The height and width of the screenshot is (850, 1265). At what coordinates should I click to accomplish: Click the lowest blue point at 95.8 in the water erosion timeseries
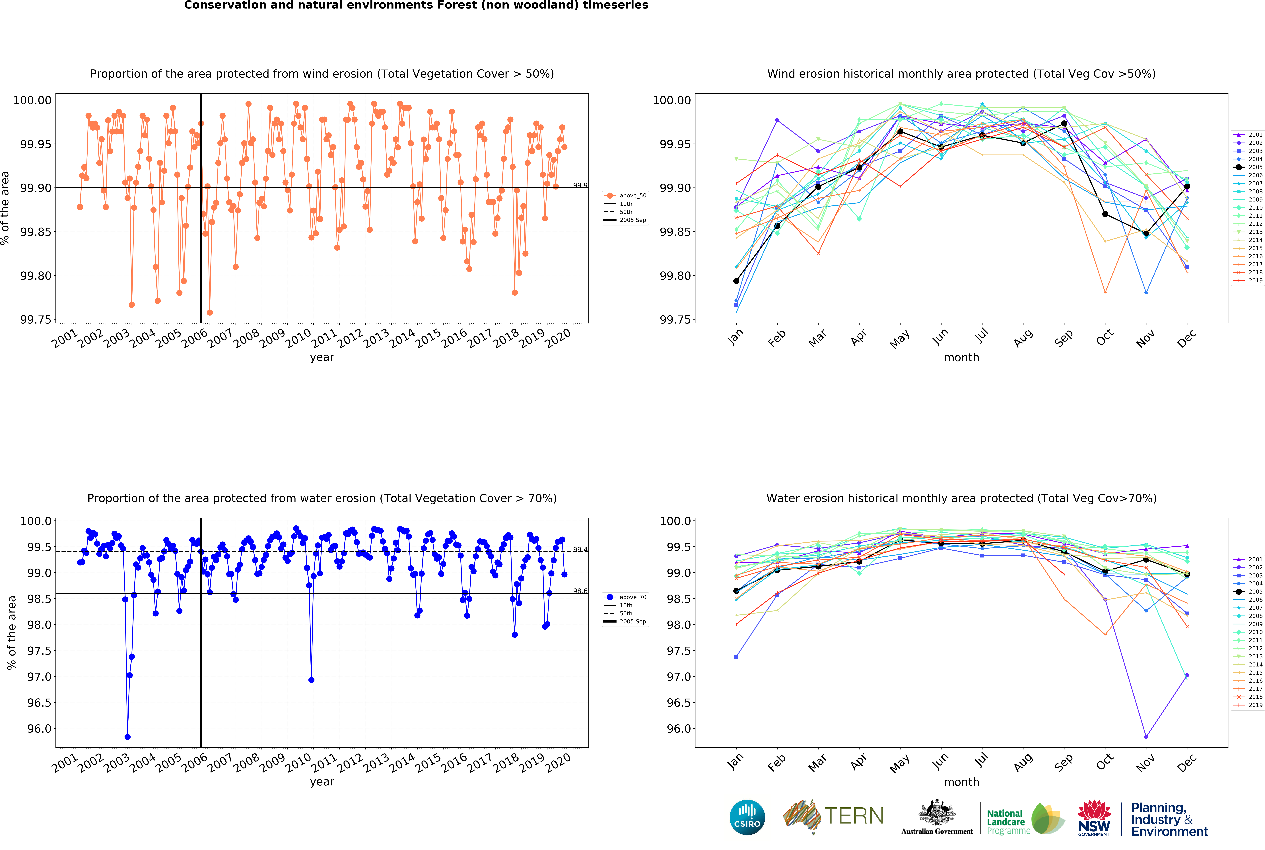tap(127, 737)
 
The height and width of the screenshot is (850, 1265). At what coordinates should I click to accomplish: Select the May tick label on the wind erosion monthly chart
tap(900, 339)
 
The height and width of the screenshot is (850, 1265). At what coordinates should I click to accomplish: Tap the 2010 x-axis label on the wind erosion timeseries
tap(299, 338)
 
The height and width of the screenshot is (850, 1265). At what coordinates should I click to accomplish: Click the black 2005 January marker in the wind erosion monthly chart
tap(736, 281)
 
